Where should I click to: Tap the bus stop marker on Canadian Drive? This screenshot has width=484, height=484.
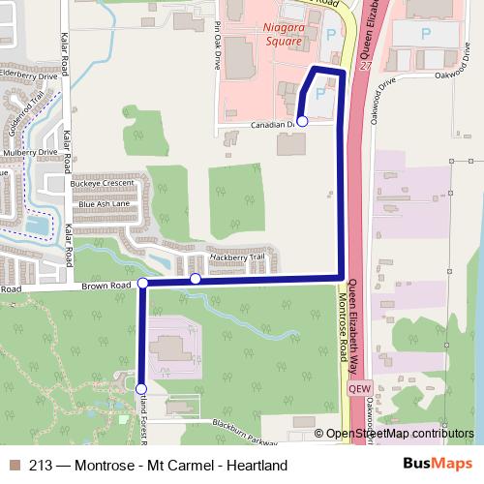[x=302, y=121]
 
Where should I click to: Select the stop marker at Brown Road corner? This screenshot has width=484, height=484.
[x=143, y=283]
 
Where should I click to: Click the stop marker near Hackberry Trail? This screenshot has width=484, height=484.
[x=196, y=279]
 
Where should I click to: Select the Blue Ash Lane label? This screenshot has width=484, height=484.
[x=105, y=204]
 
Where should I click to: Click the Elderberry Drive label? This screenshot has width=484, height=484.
[x=33, y=73]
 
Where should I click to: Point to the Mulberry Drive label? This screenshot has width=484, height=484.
[x=31, y=152]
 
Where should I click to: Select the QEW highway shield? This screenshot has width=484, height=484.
[x=355, y=388]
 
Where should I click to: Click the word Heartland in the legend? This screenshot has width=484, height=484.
[x=255, y=466]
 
